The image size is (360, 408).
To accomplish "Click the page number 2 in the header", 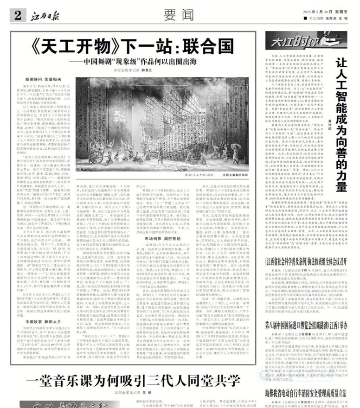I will pos(17,15).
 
